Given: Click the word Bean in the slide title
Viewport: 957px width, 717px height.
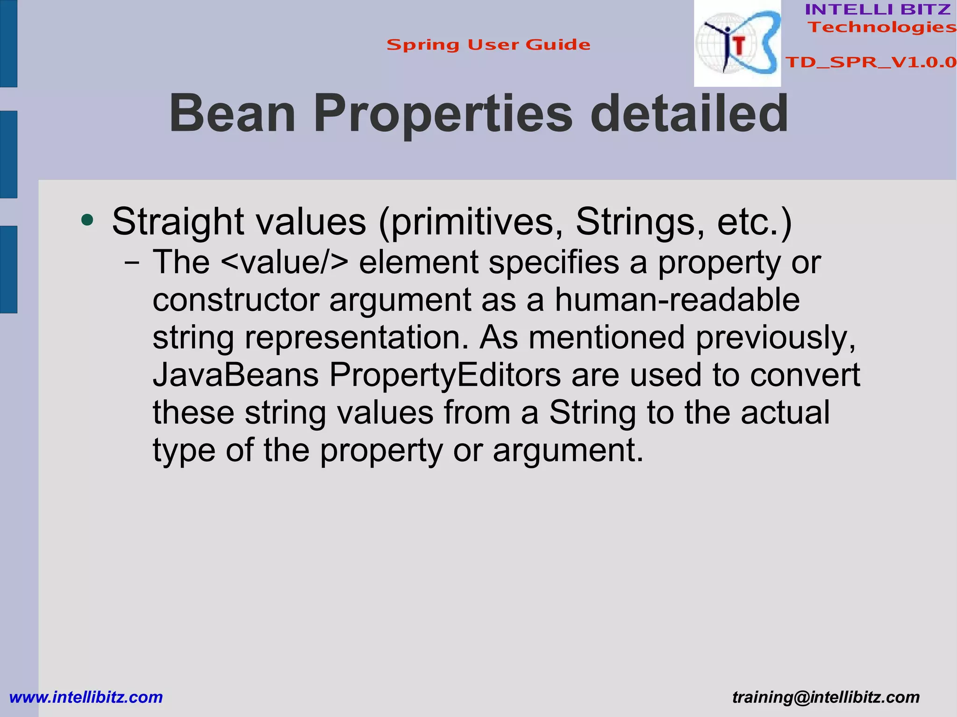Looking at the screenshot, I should coord(232,114).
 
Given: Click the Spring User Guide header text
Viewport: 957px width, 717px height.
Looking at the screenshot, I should coord(488,45).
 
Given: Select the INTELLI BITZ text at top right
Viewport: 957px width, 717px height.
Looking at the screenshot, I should coord(878,9).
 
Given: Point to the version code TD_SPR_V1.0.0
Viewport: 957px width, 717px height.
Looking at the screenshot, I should coord(871,62).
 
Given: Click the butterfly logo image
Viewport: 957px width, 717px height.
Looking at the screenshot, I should coord(737,43).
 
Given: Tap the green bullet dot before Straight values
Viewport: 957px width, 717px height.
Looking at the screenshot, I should coord(87,220).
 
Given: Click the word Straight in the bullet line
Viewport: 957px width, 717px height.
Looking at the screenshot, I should coord(178,222).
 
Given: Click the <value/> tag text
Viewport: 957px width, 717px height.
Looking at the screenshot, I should coord(284,262).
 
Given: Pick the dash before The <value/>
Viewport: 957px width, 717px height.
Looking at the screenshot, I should coord(132,263).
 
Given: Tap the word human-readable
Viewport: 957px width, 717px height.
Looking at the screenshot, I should coord(677,300).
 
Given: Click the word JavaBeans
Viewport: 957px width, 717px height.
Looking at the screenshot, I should coord(236,375).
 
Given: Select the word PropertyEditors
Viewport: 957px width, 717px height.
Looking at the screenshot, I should coord(445,376).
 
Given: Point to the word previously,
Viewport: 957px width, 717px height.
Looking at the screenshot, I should coord(775,338).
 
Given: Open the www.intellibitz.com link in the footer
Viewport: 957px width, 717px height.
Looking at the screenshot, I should coord(86,697).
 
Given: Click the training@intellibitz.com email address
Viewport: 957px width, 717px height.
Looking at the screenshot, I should coord(826,697).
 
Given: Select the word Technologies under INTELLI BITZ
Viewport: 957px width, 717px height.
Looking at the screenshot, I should coord(882,27).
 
